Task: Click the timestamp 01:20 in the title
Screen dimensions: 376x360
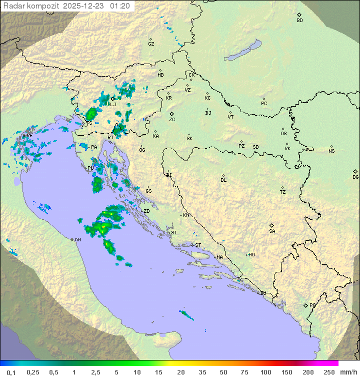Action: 120,6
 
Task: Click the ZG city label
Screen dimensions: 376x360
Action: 172,120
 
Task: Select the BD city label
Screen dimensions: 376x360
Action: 299,21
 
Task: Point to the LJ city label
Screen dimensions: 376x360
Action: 113,104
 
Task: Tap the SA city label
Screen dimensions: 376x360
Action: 272,231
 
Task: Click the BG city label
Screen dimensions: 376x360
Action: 355,177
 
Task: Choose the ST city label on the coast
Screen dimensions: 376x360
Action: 198,245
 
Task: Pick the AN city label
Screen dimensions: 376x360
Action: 77,240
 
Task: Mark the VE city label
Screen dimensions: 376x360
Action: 29,135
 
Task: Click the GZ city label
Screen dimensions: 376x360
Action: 151,44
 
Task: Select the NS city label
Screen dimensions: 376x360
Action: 331,151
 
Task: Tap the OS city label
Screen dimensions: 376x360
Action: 283,134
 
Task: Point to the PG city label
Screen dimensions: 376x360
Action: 312,305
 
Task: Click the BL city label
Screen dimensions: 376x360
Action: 223,180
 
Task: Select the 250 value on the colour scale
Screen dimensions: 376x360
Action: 328,372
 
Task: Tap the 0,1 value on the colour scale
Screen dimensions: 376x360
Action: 11,372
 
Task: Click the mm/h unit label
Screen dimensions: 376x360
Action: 348,372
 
